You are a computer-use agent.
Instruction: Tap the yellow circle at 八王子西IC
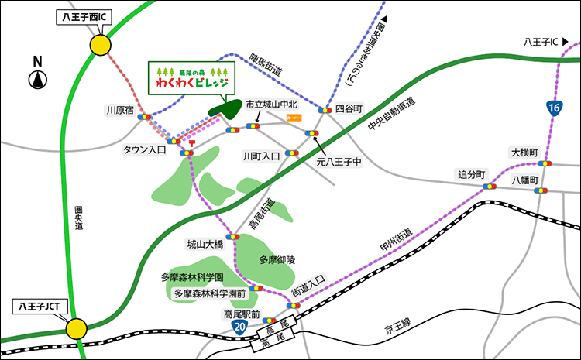(x=99, y=46)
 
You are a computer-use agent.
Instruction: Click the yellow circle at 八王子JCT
(x=76, y=328)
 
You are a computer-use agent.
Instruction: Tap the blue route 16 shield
(x=553, y=108)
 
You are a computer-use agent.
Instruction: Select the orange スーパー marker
(x=294, y=118)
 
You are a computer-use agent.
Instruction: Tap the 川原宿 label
(x=119, y=111)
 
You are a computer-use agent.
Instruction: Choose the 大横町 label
(x=523, y=152)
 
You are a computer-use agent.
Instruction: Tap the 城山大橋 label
(x=205, y=244)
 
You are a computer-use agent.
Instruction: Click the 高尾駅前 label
(x=239, y=314)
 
